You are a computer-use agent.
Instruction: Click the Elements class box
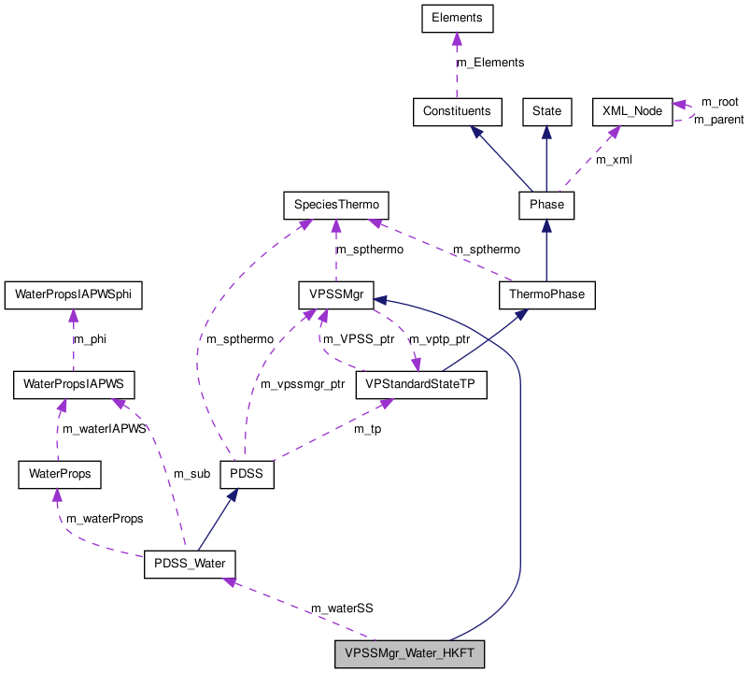pos(456,17)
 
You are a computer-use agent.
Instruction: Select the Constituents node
pos(457,111)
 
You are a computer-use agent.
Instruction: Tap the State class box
pos(546,111)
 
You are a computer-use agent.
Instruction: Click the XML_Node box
pos(632,111)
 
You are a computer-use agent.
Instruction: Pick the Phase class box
pos(546,203)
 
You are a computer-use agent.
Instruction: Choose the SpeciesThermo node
pos(335,203)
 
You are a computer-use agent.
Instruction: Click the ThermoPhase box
pos(546,294)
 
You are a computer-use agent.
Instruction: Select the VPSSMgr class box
pos(335,294)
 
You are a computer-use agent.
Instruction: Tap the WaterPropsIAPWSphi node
pos(73,294)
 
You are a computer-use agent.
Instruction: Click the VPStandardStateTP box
pos(421,384)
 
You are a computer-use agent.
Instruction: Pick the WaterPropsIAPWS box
pos(73,384)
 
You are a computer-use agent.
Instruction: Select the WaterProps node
pos(60,474)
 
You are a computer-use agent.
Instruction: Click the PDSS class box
pos(247,474)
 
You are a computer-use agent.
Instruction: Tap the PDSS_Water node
pos(189,565)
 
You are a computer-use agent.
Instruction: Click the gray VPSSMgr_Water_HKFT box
pos(410,654)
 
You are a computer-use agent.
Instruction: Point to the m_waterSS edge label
pos(342,609)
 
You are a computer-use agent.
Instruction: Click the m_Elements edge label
pos(489,63)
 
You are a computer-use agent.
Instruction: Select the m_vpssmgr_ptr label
pos(303,384)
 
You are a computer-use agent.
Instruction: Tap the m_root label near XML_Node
pos(719,101)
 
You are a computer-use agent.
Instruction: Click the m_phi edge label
pos(90,339)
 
